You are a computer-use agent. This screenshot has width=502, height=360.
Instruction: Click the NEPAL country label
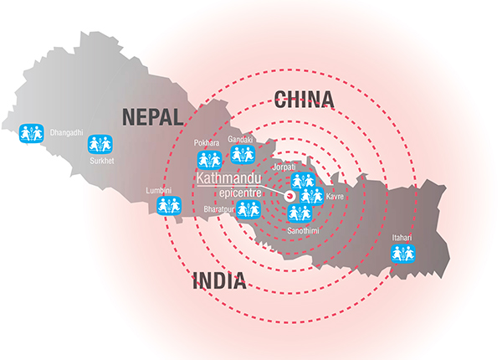coord(152,117)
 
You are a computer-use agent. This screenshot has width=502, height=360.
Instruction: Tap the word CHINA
coord(305,100)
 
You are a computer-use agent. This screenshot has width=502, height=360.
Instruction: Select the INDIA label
coord(218,281)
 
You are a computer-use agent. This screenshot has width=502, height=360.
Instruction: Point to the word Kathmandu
coord(228,179)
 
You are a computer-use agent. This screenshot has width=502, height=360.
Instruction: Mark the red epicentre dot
coord(289,196)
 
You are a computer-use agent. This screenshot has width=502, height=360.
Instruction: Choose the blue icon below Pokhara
coord(207,159)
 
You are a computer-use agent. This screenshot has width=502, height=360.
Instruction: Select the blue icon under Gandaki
coord(241,153)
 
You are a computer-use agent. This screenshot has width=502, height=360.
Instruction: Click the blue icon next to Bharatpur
coord(248,209)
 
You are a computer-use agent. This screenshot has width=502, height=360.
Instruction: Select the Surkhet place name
coord(102,158)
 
